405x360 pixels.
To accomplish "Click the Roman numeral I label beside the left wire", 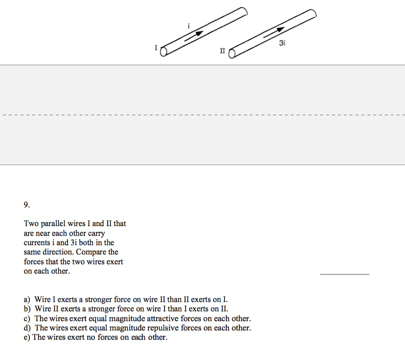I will coord(156,47).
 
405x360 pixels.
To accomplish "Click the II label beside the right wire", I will coord(223,50).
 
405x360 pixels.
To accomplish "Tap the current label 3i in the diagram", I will coord(282,44).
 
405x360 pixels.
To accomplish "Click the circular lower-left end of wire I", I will coord(165,50).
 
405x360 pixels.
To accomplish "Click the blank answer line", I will coord(344,274).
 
